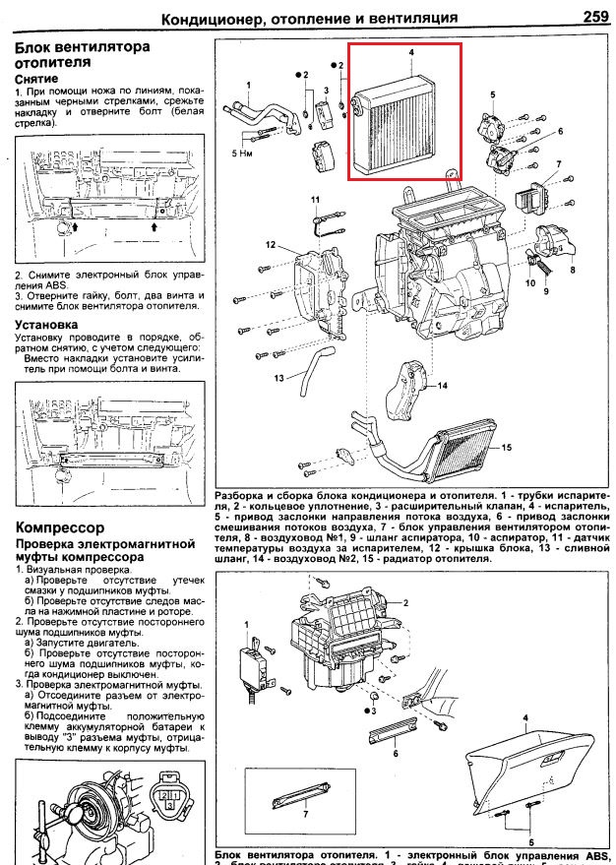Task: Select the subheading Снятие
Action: [x=36, y=77]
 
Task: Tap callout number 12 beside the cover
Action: [x=268, y=243]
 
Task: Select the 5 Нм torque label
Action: [x=244, y=154]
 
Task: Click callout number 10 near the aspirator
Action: [x=529, y=282]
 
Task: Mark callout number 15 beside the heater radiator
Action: [x=507, y=449]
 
